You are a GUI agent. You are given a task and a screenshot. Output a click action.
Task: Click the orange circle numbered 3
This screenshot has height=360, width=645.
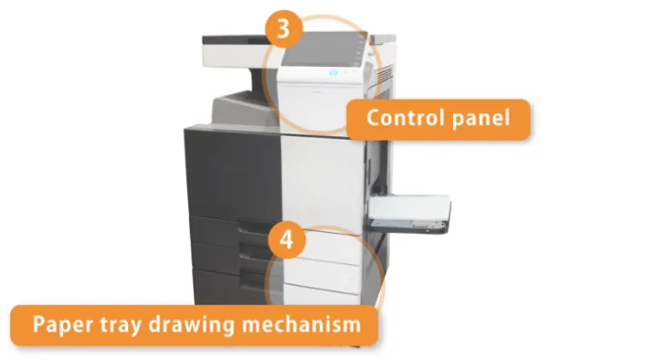[284, 29]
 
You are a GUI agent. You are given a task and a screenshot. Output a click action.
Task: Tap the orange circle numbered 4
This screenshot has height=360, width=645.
[287, 239]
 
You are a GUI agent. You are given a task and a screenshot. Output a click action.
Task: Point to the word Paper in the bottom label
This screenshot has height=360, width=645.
[63, 325]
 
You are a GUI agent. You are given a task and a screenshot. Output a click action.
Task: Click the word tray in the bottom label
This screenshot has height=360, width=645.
[122, 326]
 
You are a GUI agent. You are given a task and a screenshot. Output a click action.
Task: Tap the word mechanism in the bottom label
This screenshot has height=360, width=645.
[301, 324]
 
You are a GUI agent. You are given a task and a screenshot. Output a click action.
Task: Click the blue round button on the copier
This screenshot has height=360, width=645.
[333, 73]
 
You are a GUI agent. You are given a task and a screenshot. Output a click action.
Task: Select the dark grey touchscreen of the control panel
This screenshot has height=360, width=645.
[321, 50]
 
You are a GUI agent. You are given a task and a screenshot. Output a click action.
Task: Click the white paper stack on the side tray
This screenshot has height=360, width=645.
[408, 206]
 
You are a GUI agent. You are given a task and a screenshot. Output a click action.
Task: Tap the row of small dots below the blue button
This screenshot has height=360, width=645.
[318, 92]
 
